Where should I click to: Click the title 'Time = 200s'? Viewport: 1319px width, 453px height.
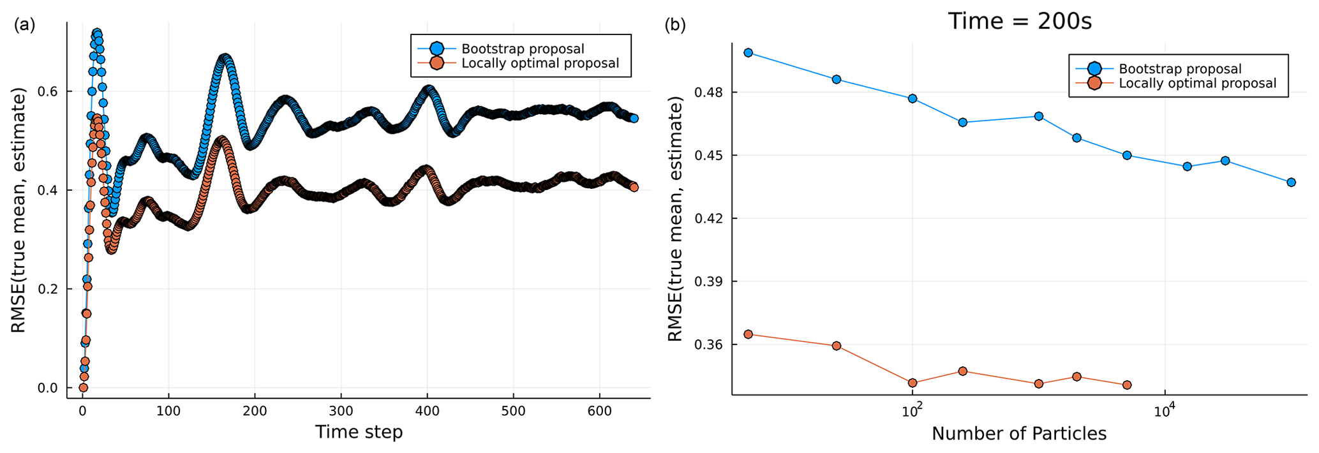pyautogui.click(x=1020, y=22)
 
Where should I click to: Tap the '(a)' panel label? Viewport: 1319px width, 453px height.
pyautogui.click(x=24, y=25)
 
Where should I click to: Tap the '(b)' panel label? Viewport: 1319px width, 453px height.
pyautogui.click(x=675, y=25)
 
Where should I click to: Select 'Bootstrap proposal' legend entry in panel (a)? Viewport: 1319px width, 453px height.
pyautogui.click(x=523, y=49)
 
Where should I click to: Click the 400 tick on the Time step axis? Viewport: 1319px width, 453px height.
pyautogui.click(x=427, y=412)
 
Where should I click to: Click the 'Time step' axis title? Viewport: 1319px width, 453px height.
pyautogui.click(x=359, y=433)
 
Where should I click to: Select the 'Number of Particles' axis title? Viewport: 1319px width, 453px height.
pyautogui.click(x=1019, y=434)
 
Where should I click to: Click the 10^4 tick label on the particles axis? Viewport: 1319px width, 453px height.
pyautogui.click(x=1165, y=410)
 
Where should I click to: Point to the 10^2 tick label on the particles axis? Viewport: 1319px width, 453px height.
pyautogui.click(x=912, y=410)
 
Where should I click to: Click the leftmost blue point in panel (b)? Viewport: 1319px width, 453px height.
pyautogui.click(x=749, y=53)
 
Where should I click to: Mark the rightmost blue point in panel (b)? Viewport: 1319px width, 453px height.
pyautogui.click(x=1291, y=182)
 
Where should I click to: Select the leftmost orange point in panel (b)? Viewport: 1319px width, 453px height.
pyautogui.click(x=749, y=334)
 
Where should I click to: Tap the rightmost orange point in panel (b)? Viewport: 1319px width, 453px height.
pyautogui.click(x=1127, y=385)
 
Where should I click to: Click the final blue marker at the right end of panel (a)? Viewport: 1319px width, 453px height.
pyautogui.click(x=634, y=118)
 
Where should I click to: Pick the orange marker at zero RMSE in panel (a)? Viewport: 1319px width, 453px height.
pyautogui.click(x=83, y=387)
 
